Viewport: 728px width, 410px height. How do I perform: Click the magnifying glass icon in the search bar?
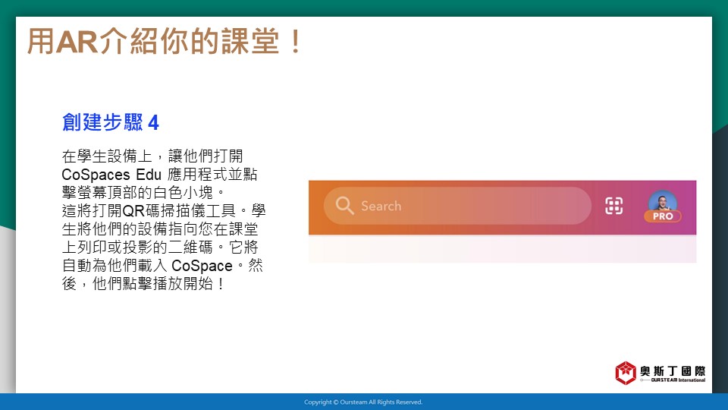point(344,205)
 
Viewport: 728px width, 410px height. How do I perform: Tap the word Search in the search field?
point(381,206)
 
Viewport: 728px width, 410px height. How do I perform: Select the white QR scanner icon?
point(613,206)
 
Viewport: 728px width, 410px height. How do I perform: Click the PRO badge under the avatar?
point(663,216)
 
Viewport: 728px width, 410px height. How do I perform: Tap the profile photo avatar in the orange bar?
point(663,202)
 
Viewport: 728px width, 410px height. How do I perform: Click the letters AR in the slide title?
point(77,41)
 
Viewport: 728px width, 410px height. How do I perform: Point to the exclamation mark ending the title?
point(295,41)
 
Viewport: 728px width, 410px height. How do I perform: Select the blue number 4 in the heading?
point(154,123)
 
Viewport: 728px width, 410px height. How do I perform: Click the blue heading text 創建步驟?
point(102,122)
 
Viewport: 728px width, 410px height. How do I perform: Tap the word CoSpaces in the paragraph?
point(96,175)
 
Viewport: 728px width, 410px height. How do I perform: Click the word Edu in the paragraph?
point(149,175)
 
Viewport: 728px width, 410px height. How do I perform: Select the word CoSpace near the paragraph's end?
point(202,266)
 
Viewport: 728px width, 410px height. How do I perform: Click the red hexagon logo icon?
point(626,373)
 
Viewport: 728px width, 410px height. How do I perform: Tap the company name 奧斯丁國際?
point(673,371)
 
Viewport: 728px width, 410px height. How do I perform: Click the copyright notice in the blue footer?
point(363,402)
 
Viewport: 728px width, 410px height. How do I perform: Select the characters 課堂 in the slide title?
point(250,41)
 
